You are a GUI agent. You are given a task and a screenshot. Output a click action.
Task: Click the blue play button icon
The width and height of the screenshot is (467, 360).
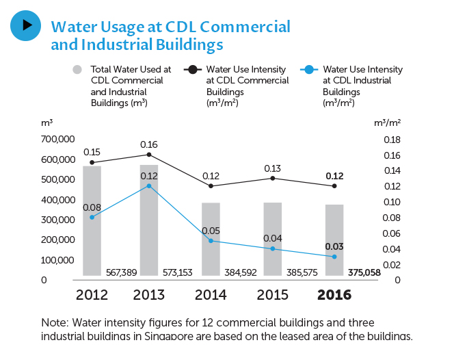tap(26, 25)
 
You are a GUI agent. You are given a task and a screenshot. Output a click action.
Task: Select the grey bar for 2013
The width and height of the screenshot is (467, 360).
tap(149, 220)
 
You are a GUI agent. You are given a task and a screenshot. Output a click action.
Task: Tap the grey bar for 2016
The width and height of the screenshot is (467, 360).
tap(334, 240)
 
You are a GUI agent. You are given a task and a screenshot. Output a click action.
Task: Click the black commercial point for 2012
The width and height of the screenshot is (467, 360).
tap(92, 162)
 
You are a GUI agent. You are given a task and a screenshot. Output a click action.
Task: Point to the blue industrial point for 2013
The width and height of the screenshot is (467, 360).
tap(149, 186)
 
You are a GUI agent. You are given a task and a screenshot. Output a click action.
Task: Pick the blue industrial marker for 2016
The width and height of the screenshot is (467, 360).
tap(334, 257)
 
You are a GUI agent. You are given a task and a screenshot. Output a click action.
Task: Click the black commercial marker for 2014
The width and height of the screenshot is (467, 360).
tap(211, 186)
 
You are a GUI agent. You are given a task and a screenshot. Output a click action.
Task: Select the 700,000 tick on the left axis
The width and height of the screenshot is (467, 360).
tap(58, 140)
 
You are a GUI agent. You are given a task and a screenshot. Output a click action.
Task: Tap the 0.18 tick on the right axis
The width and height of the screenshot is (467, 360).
tap(391, 140)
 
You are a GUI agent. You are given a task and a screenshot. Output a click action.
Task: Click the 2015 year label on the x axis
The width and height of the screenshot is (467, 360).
tap(272, 295)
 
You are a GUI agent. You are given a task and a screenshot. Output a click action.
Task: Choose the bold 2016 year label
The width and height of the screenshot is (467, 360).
tap(334, 295)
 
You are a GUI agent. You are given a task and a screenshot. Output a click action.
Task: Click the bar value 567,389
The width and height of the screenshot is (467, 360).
tap(121, 272)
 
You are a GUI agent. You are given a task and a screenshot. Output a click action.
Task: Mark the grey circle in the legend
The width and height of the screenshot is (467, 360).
tap(77, 69)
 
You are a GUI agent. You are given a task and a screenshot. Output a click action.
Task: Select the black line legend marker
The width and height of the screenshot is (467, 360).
tap(194, 69)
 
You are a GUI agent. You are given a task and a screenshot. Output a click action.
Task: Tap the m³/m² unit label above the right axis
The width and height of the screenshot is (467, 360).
tap(388, 123)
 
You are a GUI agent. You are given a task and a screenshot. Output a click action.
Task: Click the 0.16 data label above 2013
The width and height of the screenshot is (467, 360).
tap(149, 144)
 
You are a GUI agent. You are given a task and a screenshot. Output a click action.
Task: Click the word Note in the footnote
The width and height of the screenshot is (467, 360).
tap(53, 322)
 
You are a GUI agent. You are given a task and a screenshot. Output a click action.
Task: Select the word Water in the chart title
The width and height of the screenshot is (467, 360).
tap(72, 27)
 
